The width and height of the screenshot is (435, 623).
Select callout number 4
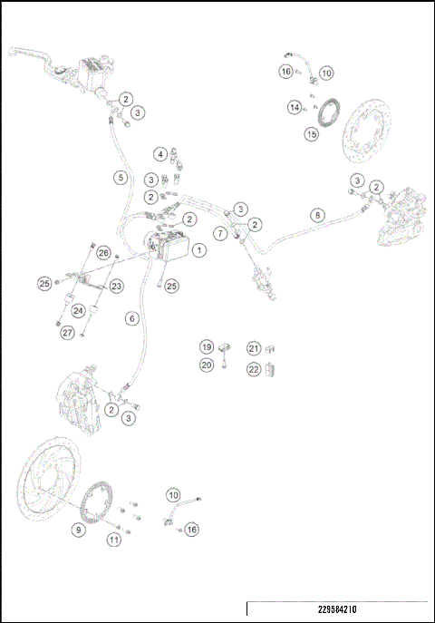point(159,154)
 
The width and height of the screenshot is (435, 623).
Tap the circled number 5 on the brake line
point(121,178)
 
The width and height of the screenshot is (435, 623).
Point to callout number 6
point(132,318)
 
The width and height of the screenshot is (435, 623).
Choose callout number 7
point(220,233)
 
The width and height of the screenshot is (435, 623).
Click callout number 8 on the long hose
point(316,215)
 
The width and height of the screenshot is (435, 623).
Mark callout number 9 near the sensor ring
point(79,529)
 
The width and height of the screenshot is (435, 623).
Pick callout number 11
point(113,540)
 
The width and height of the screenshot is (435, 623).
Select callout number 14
point(295,107)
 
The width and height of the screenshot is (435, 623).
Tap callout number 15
point(311,134)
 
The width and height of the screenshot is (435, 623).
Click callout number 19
point(207,346)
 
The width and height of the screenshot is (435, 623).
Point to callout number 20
point(207,365)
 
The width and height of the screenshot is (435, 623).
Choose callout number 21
point(255,348)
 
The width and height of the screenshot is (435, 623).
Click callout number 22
point(255,368)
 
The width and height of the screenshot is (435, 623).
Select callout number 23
point(117,286)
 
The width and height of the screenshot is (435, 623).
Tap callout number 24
point(79,309)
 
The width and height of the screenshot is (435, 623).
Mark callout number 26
point(103,253)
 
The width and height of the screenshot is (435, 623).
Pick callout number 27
point(67,333)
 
